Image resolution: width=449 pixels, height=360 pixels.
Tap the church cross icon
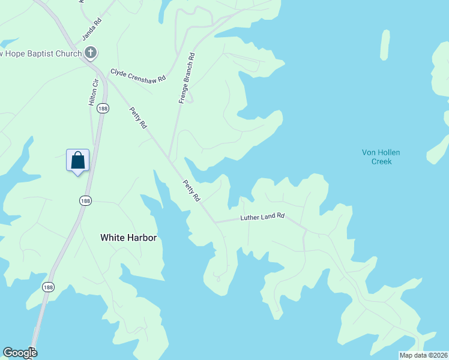(91, 53)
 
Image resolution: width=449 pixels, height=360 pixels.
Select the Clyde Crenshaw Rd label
(137, 76)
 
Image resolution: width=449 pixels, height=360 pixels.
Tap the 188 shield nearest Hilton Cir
(103, 108)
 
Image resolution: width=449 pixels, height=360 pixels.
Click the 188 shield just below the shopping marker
(85, 200)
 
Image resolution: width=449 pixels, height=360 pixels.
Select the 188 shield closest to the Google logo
(48, 287)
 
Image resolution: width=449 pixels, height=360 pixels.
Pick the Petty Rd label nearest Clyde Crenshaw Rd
(138, 118)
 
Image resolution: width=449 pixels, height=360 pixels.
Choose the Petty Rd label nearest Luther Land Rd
(191, 190)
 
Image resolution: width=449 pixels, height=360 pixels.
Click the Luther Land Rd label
(262, 217)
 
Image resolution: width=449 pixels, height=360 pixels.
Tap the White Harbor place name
(128, 238)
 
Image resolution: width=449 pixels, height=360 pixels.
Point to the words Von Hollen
(381, 152)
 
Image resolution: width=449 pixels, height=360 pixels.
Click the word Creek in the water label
(381, 161)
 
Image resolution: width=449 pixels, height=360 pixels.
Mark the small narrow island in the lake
(385, 44)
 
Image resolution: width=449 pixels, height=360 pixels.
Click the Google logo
(20, 353)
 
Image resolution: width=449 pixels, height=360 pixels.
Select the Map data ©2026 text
(423, 355)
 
